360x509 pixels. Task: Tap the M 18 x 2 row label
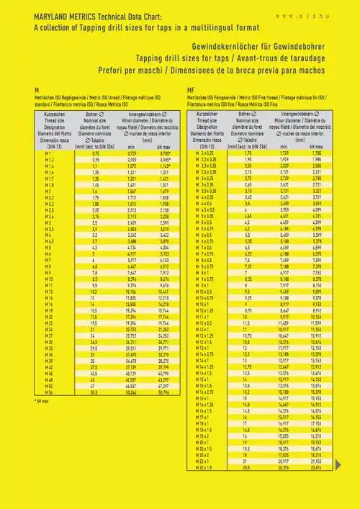pyautogui.click(x=207, y=436)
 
